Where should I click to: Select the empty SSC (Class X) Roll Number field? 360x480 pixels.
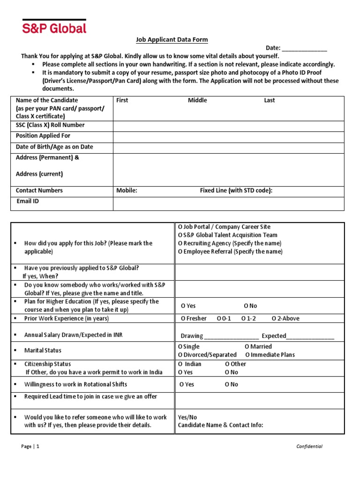pos(228,125)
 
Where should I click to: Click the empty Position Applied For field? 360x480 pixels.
pos(228,136)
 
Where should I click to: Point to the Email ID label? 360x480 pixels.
pos(28,201)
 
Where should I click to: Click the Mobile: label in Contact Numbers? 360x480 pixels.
pos(127,190)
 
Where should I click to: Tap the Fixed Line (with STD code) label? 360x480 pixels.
pos(236,190)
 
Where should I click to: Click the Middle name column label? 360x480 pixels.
pos(197,100)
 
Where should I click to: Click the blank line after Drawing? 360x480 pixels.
pos(231,336)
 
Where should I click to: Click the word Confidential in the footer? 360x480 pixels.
pos(309,446)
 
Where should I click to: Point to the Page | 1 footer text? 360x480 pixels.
pos(30,446)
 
